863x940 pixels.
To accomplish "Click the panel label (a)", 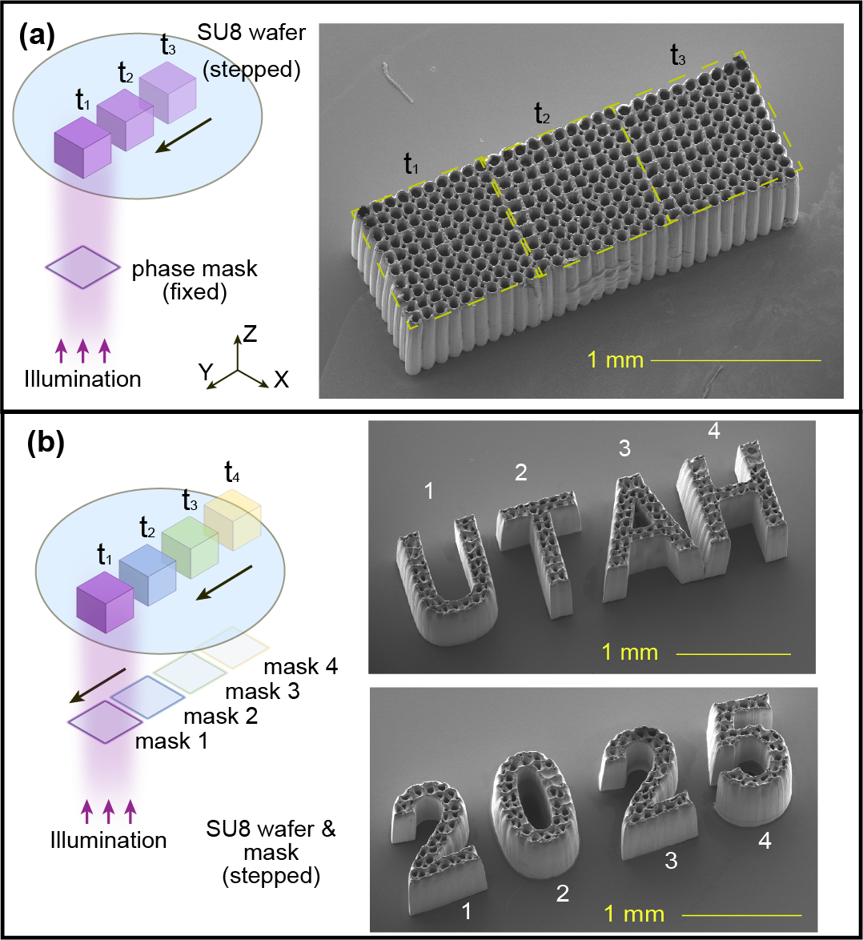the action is coord(37,37).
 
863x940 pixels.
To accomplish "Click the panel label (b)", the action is coord(46,444).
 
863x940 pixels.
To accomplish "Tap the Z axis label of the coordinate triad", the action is coord(250,333).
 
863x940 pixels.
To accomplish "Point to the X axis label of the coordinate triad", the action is coord(281,379).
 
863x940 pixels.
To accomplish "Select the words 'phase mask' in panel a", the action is coord(195,268).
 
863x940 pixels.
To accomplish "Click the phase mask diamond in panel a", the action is coord(82,267).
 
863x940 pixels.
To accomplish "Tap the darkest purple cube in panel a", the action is coord(82,147).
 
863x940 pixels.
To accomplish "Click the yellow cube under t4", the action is coord(232,519).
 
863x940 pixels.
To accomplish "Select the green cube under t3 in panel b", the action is coord(190,548).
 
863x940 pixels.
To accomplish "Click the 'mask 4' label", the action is coord(301,666).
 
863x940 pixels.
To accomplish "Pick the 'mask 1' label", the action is coord(171,741).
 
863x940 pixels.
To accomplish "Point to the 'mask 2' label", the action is coord(220,716).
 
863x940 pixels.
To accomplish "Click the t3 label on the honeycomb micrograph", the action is coord(678,55).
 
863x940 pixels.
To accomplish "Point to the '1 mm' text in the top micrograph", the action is coord(616,360).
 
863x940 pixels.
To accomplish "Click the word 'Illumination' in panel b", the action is coord(108,840).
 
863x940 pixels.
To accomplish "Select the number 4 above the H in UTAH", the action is coord(714,431).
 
